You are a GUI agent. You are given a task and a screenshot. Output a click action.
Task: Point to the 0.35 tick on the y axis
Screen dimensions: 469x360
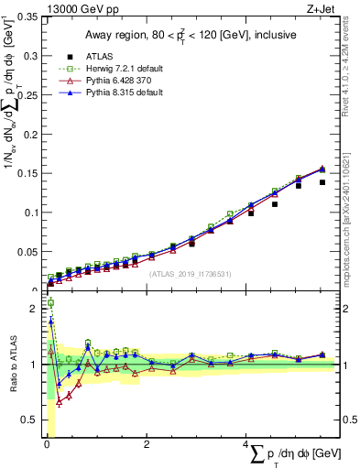pyautogui.click(x=27, y=17)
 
